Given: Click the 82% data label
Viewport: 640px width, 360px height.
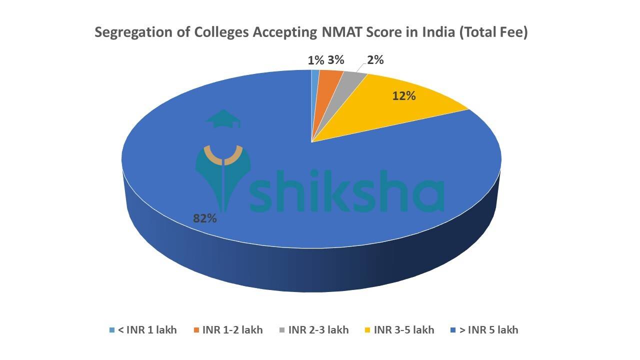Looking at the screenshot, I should pos(205,218).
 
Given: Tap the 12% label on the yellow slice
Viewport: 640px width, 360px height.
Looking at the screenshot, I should pos(404,95).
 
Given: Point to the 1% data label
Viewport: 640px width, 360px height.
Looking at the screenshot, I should pos(315,60).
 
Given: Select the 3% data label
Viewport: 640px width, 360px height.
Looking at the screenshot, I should pos(336,60).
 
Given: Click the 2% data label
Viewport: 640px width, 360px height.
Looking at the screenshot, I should pos(375,60).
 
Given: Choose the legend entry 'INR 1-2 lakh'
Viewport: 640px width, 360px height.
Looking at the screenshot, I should pos(232,330).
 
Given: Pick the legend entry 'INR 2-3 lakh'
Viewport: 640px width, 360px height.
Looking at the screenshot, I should pos(318,330).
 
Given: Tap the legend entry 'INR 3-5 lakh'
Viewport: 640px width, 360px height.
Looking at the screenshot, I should pos(404,330).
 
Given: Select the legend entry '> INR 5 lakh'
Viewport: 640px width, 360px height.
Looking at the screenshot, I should pos(489,330).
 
